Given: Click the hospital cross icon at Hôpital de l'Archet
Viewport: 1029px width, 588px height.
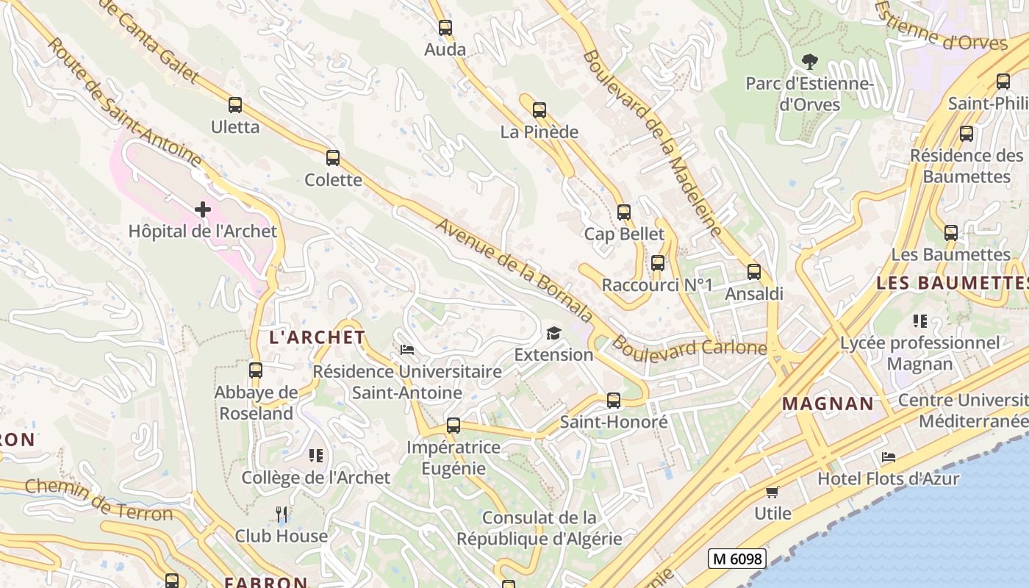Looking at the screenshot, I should pyautogui.click(x=203, y=209).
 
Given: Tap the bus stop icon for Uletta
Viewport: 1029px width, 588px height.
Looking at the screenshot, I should pyautogui.click(x=235, y=105).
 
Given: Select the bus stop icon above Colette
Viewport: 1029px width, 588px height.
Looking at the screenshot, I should pyautogui.click(x=333, y=158).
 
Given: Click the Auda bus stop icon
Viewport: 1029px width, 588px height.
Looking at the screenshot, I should pyautogui.click(x=445, y=28).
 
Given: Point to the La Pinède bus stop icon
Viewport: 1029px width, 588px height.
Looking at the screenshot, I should pyautogui.click(x=539, y=110).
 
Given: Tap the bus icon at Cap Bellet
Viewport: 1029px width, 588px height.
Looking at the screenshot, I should pyautogui.click(x=624, y=212).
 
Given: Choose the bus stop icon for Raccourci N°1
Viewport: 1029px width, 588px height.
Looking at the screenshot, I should pyautogui.click(x=658, y=263).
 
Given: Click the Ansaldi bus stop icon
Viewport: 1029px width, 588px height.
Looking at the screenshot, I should pyautogui.click(x=754, y=272).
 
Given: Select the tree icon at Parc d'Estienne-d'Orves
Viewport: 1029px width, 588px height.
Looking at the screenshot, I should pyautogui.click(x=810, y=62).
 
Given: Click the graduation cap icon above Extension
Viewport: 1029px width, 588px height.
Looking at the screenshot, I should pyautogui.click(x=553, y=334).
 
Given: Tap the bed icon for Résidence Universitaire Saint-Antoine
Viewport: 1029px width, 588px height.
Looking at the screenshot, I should pyautogui.click(x=406, y=349).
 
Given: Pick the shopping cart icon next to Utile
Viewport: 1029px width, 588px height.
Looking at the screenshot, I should pyautogui.click(x=772, y=492).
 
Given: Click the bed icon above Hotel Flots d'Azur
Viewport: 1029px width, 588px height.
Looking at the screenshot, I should pyautogui.click(x=889, y=457).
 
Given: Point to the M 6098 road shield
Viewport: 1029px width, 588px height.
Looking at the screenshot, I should pyautogui.click(x=737, y=559).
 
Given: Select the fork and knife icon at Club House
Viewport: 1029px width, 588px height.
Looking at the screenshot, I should pyautogui.click(x=282, y=514).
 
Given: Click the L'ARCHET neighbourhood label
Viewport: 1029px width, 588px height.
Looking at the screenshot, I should pyautogui.click(x=317, y=337).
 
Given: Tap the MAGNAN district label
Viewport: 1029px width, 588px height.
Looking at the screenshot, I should pyautogui.click(x=828, y=404).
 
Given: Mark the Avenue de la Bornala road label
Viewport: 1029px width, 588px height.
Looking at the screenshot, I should pyautogui.click(x=514, y=270).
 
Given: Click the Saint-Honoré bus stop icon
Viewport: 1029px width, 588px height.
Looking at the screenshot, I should pyautogui.click(x=614, y=401).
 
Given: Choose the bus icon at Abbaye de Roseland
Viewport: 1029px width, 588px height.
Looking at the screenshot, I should pyautogui.click(x=256, y=370).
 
